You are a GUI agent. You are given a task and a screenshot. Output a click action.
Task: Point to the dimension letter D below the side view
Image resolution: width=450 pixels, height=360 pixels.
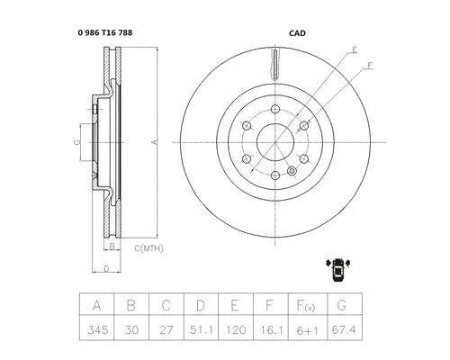pos(105,268)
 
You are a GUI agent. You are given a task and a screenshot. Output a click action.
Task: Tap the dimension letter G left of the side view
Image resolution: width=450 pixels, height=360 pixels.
pos(76,142)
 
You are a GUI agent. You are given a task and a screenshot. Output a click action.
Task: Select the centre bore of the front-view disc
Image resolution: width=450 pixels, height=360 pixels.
pos(274,142)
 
